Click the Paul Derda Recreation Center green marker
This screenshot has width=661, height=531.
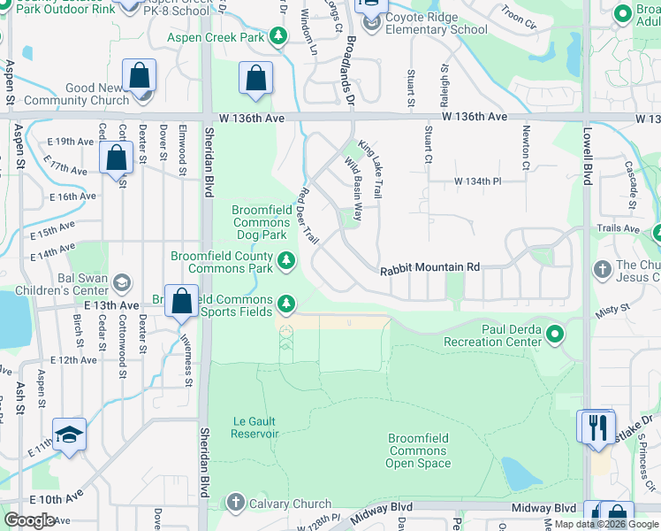(554, 334)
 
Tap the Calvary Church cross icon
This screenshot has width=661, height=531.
(235, 503)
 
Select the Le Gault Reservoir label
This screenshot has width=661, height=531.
(255, 427)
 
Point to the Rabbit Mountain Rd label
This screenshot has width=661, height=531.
(429, 267)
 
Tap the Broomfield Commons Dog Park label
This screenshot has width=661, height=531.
(260, 222)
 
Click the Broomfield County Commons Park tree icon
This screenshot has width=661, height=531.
(285, 260)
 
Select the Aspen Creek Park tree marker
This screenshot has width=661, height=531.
(279, 36)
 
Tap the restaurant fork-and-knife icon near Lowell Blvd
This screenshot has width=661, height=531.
(596, 426)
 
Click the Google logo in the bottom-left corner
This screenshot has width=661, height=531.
(29, 519)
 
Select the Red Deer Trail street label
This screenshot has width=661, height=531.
(308, 215)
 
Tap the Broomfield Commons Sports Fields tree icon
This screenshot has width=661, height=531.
(285, 304)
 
